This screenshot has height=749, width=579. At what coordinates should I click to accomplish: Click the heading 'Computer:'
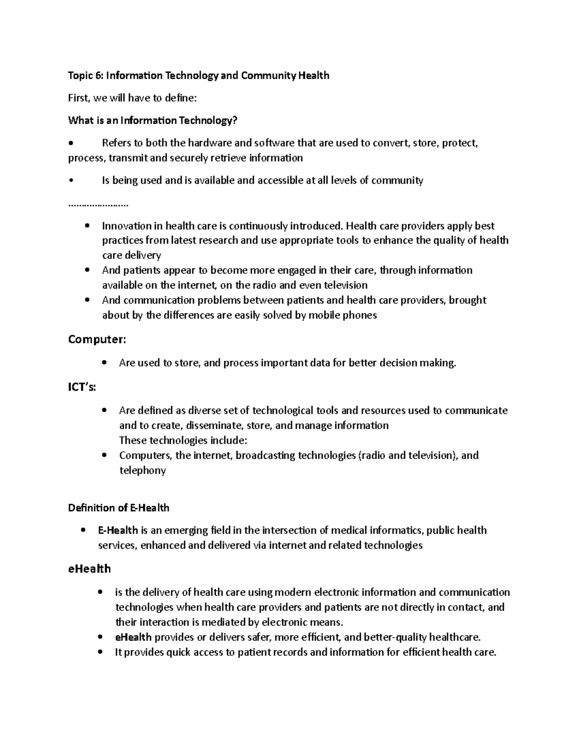click(96, 340)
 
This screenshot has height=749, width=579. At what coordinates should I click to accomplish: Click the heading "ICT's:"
click(82, 387)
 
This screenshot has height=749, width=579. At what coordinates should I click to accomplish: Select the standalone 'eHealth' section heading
click(89, 569)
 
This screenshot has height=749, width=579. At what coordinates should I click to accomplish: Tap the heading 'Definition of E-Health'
click(119, 508)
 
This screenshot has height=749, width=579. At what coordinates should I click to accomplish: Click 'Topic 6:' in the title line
click(86, 76)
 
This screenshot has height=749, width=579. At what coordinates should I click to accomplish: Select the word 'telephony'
click(142, 471)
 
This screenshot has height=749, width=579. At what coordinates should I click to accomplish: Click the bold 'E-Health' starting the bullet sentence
click(118, 531)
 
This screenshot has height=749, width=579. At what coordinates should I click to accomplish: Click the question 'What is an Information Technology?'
click(153, 121)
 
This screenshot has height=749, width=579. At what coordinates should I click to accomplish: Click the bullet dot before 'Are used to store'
click(104, 363)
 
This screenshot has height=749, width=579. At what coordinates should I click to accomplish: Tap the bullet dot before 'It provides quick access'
click(100, 653)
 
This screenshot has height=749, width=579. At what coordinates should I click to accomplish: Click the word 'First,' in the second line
click(79, 98)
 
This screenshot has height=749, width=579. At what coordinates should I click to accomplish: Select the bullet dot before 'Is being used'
click(71, 181)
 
